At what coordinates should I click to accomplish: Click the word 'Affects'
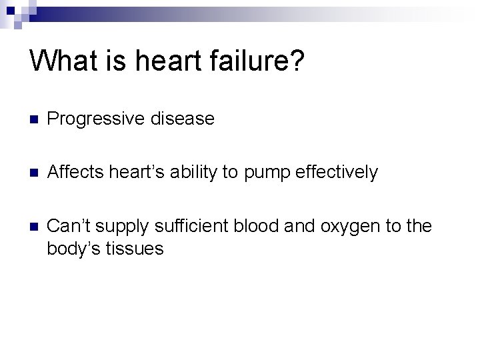coord(75,173)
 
